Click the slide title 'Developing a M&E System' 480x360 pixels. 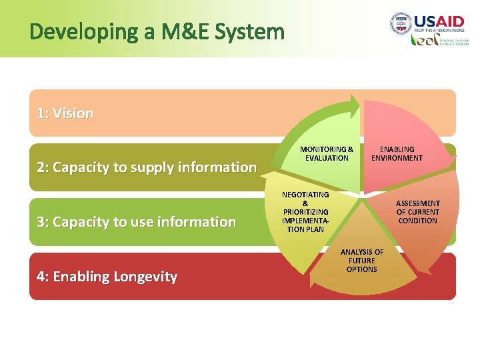[157, 31]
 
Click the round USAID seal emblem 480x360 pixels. [401, 24]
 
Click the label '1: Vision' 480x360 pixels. [65, 113]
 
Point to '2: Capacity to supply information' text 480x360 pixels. [147, 167]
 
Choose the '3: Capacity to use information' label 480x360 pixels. [137, 221]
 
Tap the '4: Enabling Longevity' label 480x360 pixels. [107, 276]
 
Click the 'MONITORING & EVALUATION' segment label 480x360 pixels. [327, 154]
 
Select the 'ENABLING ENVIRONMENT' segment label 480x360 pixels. [397, 154]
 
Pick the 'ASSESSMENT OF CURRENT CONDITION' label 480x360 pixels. [418, 212]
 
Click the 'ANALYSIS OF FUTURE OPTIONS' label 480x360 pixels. [362, 261]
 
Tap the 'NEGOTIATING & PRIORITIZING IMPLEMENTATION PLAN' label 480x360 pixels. [305, 212]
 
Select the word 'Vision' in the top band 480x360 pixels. [73, 113]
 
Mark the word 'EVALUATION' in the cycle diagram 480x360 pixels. [327, 159]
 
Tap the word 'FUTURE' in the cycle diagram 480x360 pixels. [362, 261]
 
